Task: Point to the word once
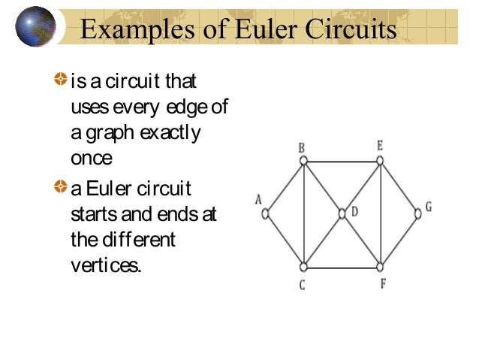coord(91,159)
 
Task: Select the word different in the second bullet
coord(135,241)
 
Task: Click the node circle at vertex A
coord(265,213)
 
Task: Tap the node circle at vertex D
coord(342,213)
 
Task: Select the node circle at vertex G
coord(418,213)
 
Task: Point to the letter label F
coord(383,284)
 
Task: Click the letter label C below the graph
coord(302,286)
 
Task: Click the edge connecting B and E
coord(342,161)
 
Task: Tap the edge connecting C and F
coord(342,267)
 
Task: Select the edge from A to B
coord(284,187)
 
